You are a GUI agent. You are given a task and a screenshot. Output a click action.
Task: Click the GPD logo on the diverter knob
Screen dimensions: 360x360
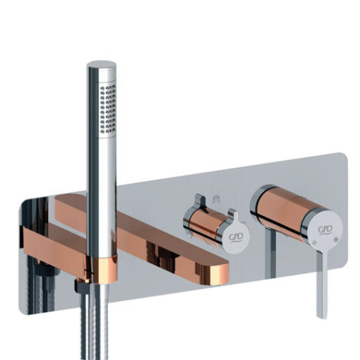point(235,237)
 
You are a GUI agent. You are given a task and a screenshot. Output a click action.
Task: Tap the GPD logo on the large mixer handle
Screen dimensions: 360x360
point(325,230)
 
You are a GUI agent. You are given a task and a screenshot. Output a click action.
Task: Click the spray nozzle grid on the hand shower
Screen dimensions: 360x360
point(108,110)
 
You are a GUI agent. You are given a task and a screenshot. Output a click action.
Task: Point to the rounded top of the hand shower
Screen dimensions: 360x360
point(101,64)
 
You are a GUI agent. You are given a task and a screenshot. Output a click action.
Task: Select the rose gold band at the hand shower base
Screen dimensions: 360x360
point(105,270)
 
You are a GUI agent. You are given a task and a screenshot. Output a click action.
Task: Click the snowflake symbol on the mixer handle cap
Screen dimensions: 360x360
point(336,239)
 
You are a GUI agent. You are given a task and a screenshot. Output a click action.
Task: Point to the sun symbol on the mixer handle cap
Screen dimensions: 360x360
point(314,243)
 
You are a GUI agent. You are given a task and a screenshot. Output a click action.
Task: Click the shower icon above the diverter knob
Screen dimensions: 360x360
point(216,199)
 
